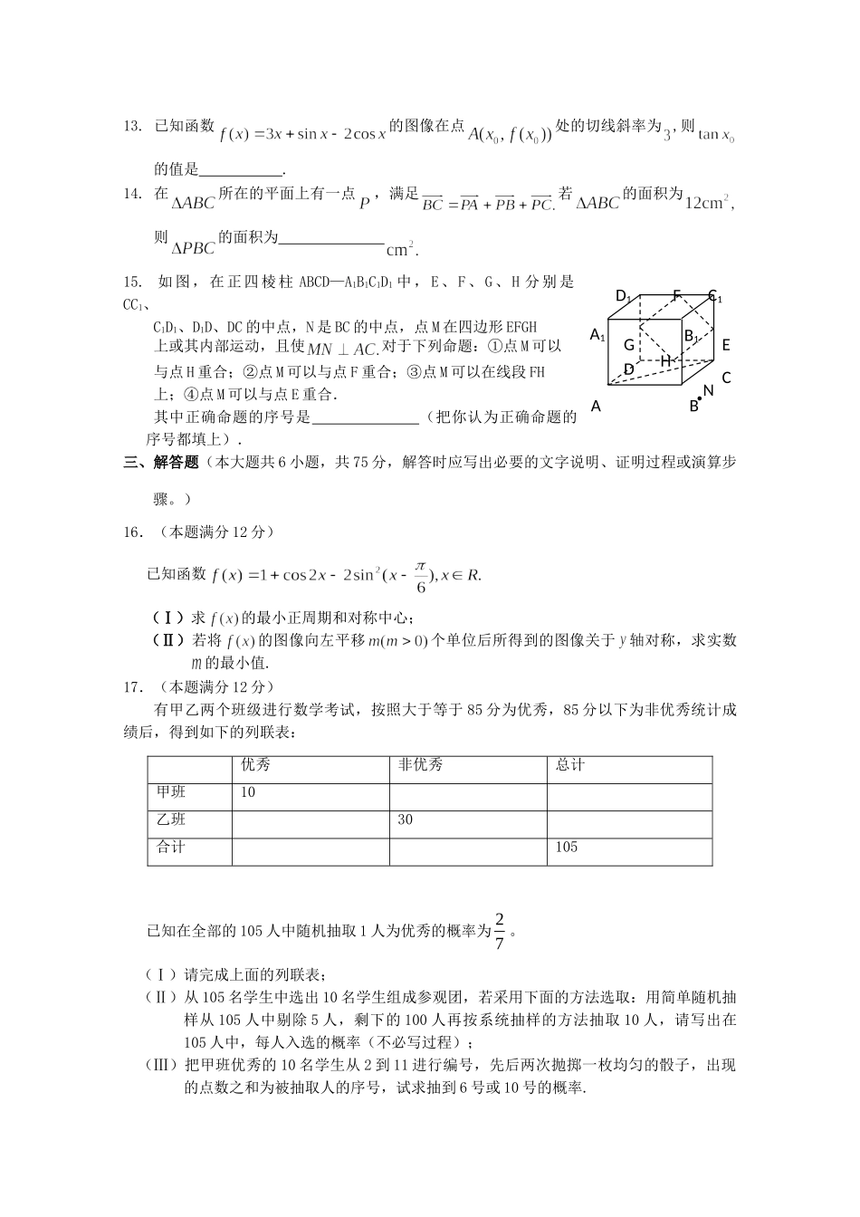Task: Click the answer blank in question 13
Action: (x=240, y=169)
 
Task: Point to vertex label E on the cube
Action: (x=726, y=345)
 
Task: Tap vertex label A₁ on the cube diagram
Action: (x=597, y=335)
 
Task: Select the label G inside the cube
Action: (x=628, y=345)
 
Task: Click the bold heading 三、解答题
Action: (x=161, y=463)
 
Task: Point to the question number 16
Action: (x=133, y=532)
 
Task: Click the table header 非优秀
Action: (x=421, y=766)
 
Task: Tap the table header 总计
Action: (x=570, y=766)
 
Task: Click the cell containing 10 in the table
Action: (x=248, y=793)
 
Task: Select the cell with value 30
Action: (x=406, y=820)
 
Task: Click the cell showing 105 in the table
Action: (x=567, y=848)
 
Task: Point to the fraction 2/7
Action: (x=500, y=930)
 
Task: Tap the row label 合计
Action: (x=171, y=848)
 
